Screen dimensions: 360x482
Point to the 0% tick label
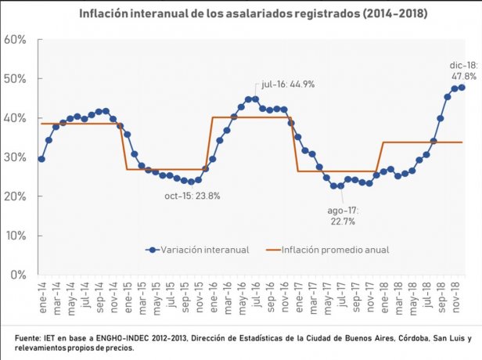click(x=19, y=275)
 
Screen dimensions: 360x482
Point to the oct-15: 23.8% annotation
click(x=193, y=196)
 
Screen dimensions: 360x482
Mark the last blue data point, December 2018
click(x=462, y=87)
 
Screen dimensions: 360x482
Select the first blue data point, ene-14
click(x=41, y=159)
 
